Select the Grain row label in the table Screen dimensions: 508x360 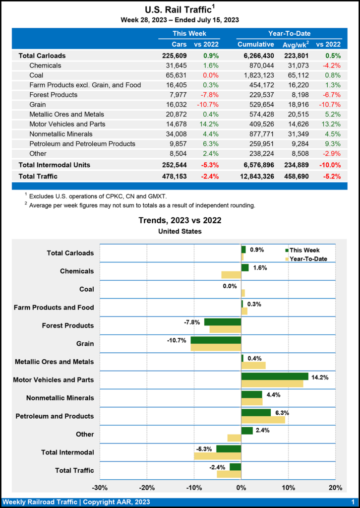pyautogui.click(x=38, y=105)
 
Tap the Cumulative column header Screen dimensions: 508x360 pyautogui.click(x=256, y=44)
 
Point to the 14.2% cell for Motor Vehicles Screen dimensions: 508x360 pyautogui.click(x=208, y=124)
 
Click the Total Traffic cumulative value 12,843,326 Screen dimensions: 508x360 pyautogui.click(x=253, y=176)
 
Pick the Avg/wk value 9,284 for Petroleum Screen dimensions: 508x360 pyautogui.click(x=298, y=144)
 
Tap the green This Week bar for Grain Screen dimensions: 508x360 pyautogui.click(x=216, y=340)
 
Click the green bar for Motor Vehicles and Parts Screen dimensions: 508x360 pyautogui.click(x=274, y=376)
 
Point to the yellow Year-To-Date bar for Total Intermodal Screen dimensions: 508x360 pyautogui.click(x=217, y=456)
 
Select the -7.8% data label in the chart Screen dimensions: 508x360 pyautogui.click(x=192, y=322)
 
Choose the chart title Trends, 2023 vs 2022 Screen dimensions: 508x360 pyautogui.click(x=180, y=220)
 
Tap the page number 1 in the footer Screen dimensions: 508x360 pyautogui.click(x=353, y=502)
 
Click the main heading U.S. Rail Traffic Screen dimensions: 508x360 pyautogui.click(x=178, y=9)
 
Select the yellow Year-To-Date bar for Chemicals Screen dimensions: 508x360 pyautogui.click(x=231, y=275)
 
